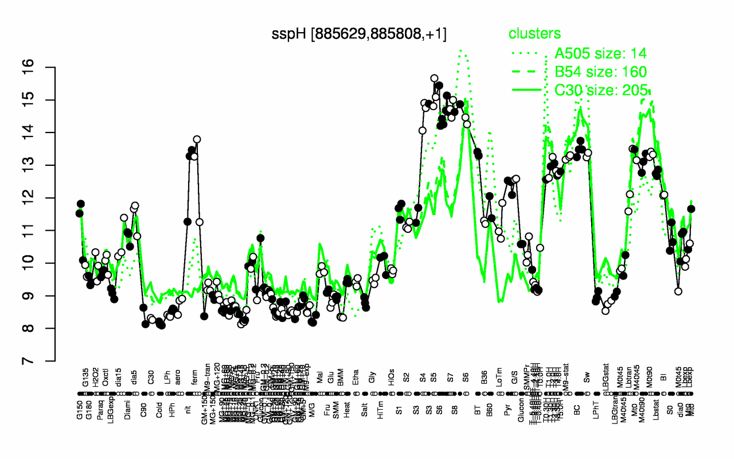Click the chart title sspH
click(x=359, y=34)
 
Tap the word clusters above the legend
click(x=534, y=34)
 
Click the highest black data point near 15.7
click(x=434, y=78)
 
